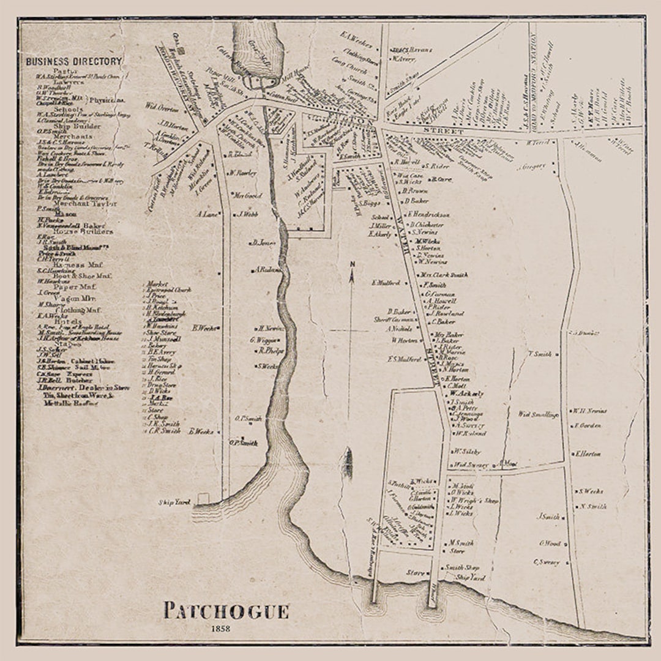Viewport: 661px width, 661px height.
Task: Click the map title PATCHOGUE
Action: click(226, 611)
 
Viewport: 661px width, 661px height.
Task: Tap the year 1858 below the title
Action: click(221, 629)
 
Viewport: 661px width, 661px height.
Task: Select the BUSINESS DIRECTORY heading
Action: click(73, 61)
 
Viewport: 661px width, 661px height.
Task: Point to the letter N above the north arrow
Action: click(352, 264)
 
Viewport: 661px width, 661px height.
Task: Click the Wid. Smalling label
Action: click(538, 414)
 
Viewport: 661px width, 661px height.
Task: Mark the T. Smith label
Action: click(540, 354)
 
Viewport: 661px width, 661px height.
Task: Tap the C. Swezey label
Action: click(547, 562)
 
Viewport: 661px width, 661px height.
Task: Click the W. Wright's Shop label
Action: click(474, 500)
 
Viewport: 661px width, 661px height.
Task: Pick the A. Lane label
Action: click(207, 214)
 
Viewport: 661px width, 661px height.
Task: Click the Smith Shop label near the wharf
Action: click(462, 567)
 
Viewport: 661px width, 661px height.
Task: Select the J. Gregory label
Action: click(531, 165)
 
